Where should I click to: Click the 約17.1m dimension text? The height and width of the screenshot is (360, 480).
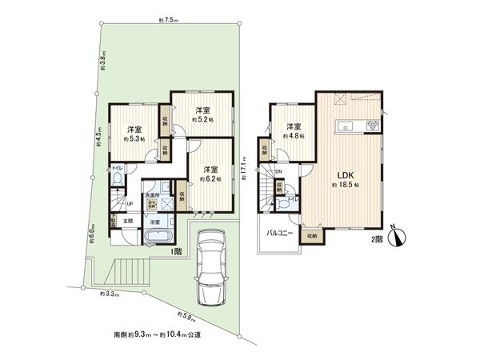click(243, 170)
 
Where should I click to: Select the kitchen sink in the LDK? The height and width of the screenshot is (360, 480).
click(346, 126)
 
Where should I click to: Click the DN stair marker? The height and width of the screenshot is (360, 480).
click(278, 171)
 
